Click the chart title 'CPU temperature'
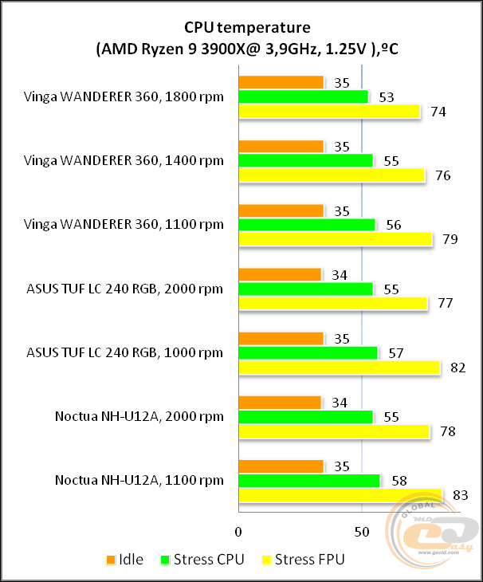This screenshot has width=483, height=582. [241, 30]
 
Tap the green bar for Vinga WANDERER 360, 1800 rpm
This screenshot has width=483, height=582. [304, 96]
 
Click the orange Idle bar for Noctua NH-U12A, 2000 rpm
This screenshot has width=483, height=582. [280, 403]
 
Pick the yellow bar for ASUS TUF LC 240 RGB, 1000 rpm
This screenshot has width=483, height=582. [339, 368]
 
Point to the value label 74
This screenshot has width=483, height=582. [438, 112]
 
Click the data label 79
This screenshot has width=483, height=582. [450, 239]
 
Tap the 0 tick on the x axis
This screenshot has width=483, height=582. [238, 530]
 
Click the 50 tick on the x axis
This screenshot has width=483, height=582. [361, 530]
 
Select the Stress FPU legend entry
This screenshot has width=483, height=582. [304, 559]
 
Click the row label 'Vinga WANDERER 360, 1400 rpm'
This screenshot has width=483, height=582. [124, 160]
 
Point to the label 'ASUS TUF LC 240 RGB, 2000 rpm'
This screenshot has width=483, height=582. [125, 288]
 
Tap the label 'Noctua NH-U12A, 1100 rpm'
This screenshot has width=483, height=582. [139, 480]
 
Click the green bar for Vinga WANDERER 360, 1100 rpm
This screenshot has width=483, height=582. [307, 225]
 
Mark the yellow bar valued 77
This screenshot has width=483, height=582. [333, 303]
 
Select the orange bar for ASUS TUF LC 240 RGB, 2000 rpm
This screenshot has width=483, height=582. [280, 275]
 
